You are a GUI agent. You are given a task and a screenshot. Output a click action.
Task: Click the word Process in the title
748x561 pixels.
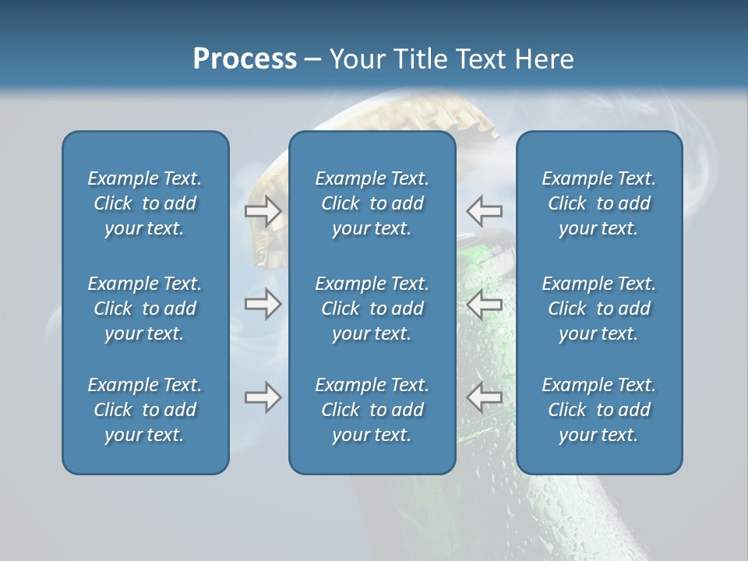(x=245, y=59)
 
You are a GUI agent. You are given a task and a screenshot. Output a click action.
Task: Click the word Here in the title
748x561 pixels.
(x=544, y=59)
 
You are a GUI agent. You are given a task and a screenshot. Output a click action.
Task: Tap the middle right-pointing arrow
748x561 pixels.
(x=263, y=304)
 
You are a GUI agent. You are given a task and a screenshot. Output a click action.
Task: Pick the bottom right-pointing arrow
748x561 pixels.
(x=263, y=397)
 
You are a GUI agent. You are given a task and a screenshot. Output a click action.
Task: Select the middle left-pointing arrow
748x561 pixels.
(x=485, y=304)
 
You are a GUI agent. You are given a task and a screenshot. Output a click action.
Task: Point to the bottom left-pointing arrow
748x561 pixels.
(x=485, y=397)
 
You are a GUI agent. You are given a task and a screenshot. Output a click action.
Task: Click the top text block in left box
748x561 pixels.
(x=145, y=203)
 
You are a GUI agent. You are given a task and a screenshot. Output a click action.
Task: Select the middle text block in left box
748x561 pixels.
(x=145, y=309)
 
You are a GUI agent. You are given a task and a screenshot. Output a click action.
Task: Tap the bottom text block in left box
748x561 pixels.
(x=145, y=410)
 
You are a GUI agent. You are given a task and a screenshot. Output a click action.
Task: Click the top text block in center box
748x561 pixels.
(x=372, y=203)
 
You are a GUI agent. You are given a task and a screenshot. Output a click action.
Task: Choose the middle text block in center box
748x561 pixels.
(x=372, y=309)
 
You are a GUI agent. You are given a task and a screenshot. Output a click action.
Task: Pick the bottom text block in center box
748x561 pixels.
(x=372, y=410)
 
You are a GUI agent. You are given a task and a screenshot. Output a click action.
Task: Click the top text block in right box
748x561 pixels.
(x=598, y=203)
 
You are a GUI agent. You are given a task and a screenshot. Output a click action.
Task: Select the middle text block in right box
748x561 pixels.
(x=598, y=309)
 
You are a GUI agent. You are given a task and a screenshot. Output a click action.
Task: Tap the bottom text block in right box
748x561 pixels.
(x=598, y=410)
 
